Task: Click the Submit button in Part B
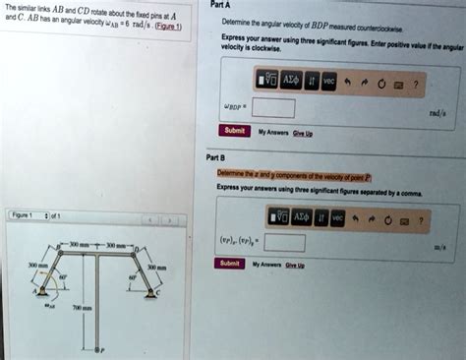(230, 264)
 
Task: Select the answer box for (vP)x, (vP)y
(283, 240)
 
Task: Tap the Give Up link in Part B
(294, 265)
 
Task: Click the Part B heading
(216, 156)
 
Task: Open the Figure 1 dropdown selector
(44, 214)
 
